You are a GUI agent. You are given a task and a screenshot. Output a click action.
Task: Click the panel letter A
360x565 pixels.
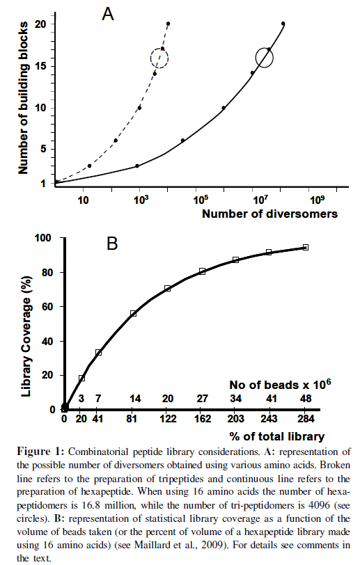[x=108, y=14]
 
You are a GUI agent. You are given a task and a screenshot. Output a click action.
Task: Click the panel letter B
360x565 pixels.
[x=112, y=244]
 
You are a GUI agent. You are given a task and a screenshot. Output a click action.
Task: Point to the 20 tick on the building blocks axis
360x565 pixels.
[x=40, y=24]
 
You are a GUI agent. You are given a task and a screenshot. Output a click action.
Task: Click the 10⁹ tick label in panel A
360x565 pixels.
[x=317, y=199]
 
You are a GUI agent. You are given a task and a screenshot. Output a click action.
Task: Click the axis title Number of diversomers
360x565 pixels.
[x=269, y=214]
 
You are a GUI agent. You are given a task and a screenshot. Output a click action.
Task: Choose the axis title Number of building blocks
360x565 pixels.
[x=23, y=97]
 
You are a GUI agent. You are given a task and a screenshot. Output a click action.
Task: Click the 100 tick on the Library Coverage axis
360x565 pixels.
[x=43, y=238]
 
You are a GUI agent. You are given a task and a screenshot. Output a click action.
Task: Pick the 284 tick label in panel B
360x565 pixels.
[x=306, y=419]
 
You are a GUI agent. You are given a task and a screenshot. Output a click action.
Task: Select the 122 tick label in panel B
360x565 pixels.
[x=168, y=419]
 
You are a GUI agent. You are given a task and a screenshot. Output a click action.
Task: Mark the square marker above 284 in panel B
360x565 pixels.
[x=306, y=247]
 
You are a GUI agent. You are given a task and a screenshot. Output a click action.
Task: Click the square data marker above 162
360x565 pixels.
[x=203, y=271]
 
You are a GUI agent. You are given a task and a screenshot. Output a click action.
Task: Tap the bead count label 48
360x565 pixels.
[x=306, y=399]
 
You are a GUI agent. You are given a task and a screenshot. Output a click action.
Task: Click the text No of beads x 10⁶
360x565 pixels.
[x=280, y=385]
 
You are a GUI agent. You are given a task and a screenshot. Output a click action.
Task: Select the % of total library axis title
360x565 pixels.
[x=276, y=437]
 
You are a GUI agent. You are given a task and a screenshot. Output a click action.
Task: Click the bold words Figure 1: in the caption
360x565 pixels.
[x=40, y=452]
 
